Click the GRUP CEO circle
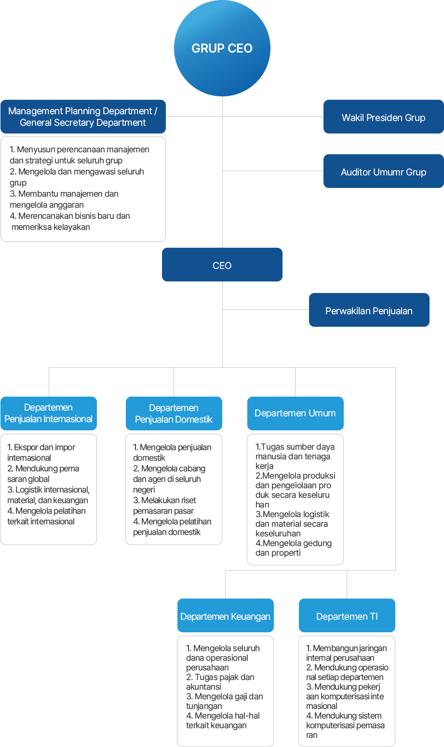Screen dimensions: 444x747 [x=222, y=48]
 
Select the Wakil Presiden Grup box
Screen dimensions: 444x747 [x=384, y=117]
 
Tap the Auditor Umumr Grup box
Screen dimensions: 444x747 [x=384, y=171]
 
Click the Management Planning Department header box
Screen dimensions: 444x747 [x=83, y=117]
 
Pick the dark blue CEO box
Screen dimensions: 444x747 [x=222, y=265]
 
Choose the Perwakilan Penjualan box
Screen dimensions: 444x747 [x=369, y=310]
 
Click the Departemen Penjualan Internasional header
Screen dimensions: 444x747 [x=49, y=414]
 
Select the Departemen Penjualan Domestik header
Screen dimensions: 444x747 [x=174, y=414]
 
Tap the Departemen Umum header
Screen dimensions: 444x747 [x=295, y=414]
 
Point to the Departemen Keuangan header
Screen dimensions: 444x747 [x=226, y=615]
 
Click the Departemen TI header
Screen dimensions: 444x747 [x=347, y=615]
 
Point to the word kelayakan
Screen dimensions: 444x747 [x=72, y=227]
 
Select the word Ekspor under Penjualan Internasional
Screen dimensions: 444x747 [x=24, y=447]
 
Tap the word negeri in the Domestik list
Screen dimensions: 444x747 [x=144, y=490]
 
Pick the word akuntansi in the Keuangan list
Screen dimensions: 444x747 [x=203, y=687]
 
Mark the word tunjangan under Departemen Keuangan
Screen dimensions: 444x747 [x=204, y=707]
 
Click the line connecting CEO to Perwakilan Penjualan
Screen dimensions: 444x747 [x=266, y=310]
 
